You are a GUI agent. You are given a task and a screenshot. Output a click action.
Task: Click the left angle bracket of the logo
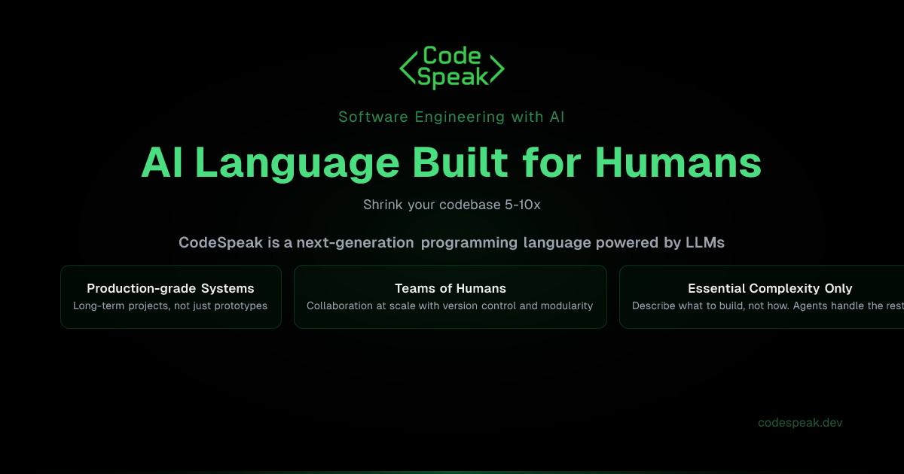(x=407, y=68)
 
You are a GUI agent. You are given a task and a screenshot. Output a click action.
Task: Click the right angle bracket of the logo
(x=496, y=68)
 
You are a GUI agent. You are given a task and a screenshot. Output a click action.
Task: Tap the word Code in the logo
(x=452, y=56)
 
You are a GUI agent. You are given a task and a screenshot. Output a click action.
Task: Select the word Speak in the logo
(x=452, y=77)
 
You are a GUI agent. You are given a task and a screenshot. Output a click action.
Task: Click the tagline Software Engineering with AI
(x=451, y=117)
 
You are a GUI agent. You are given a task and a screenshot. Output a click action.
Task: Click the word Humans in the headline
(x=678, y=163)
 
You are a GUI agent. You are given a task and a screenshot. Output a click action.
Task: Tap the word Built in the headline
(x=463, y=163)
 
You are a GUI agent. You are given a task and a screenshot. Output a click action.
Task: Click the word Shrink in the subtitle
(x=383, y=205)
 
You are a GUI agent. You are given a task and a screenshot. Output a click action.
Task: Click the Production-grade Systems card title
(x=170, y=288)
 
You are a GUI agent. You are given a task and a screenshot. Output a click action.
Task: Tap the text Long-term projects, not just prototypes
(x=170, y=305)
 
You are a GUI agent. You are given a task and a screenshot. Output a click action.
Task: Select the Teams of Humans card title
(x=450, y=288)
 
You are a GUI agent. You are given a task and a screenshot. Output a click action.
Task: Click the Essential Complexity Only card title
(x=770, y=288)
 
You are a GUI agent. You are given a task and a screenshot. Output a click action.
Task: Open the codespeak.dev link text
(x=800, y=423)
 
